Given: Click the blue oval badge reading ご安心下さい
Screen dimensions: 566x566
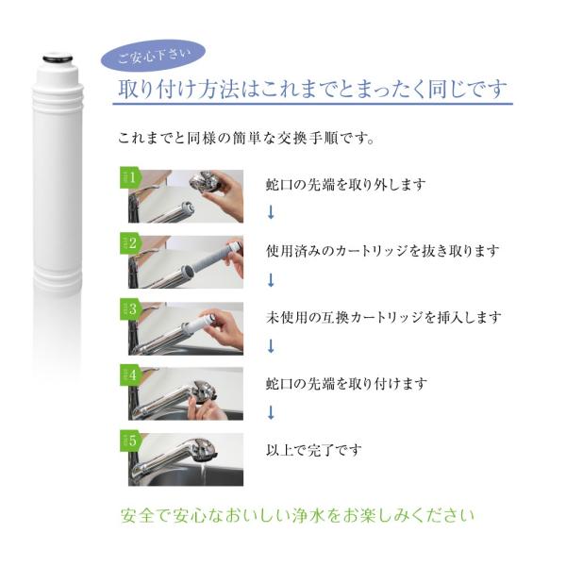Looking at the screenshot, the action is [x=153, y=58].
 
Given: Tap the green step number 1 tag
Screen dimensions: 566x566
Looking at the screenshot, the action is [x=129, y=177].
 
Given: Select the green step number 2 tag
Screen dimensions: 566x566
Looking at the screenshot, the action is [x=129, y=243].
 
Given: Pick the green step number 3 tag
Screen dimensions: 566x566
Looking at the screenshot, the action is [x=129, y=309].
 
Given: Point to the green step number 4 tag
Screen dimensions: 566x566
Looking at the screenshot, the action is [x=129, y=375].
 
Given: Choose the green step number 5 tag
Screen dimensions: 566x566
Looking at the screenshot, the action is [x=129, y=441].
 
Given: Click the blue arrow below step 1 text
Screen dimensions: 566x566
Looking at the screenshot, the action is [x=271, y=212].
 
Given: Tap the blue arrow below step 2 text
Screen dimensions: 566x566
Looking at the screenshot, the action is [x=271, y=280].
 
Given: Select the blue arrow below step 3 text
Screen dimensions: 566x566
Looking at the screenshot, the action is [x=271, y=346].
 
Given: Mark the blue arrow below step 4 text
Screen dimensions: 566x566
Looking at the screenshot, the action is [x=271, y=412].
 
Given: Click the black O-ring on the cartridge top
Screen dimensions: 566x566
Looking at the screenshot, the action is [x=58, y=58].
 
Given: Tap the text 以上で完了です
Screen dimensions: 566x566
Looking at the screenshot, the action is [x=314, y=450].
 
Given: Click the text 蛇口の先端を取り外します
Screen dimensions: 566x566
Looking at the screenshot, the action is [x=346, y=185].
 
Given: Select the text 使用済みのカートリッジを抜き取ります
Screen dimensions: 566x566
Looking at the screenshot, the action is [x=383, y=251].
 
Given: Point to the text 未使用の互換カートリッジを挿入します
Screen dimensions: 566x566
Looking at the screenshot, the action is [x=384, y=317].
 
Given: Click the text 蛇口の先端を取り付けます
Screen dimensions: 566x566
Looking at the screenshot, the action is [x=346, y=383].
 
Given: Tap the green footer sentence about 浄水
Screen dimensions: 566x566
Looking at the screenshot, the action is [x=297, y=515].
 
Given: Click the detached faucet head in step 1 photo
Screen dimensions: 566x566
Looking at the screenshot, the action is [x=205, y=181].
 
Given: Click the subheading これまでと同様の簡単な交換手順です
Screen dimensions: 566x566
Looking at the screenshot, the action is [x=246, y=138].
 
